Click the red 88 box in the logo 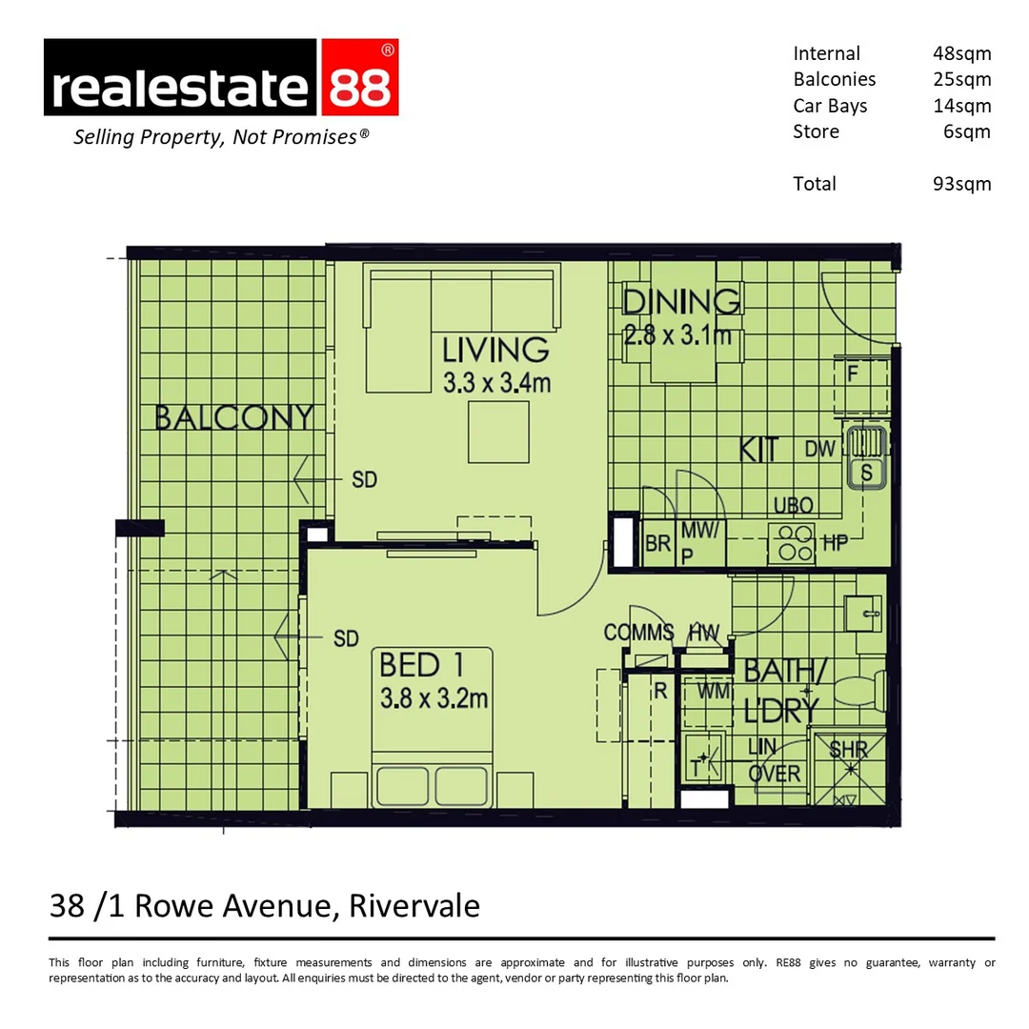[x=360, y=78]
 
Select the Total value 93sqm [x=961, y=184]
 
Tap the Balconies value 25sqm [x=961, y=80]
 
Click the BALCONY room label [x=233, y=417]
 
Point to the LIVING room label [x=495, y=350]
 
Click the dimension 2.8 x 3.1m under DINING [x=677, y=335]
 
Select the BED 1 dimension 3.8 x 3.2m [x=434, y=698]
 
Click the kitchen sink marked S [x=867, y=472]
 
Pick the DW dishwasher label [x=820, y=449]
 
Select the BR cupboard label [x=657, y=545]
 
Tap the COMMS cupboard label [x=638, y=633]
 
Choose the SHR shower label [x=848, y=750]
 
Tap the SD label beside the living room [x=364, y=480]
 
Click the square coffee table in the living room [x=497, y=432]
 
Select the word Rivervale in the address [x=414, y=905]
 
